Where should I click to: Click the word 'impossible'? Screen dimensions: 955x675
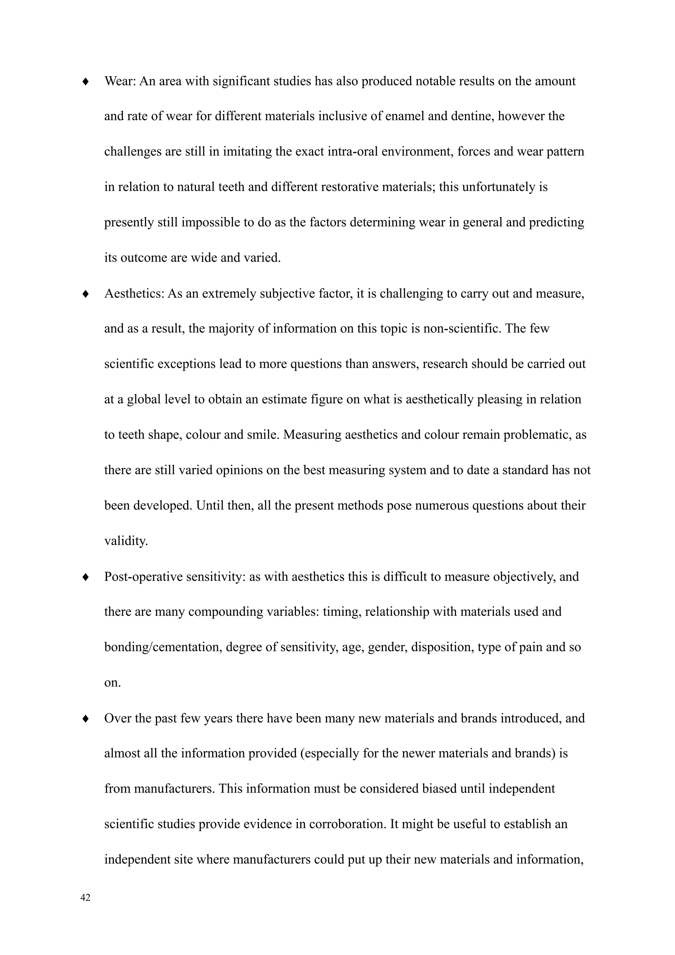[x=211, y=223]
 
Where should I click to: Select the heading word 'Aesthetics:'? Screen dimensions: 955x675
[x=134, y=293]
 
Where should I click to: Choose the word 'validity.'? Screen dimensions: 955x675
[x=126, y=541]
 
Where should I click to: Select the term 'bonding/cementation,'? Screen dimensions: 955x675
[x=163, y=648]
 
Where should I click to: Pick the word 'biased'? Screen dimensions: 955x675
[x=439, y=789]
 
